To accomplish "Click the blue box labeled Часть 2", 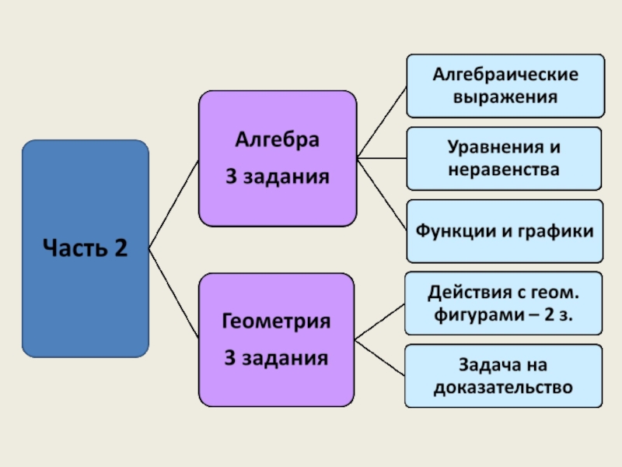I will (x=85, y=248).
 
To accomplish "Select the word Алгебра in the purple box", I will (x=277, y=142).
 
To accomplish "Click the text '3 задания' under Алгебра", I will (x=277, y=177).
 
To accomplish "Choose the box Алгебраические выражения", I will (x=505, y=86).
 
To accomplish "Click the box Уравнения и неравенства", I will (x=503, y=158).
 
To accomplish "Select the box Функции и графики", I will (x=504, y=231).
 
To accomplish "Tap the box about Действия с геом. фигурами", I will (x=503, y=303).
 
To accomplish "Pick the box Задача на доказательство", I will (x=503, y=375).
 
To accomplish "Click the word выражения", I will (x=505, y=97).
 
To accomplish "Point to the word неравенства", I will (x=504, y=168).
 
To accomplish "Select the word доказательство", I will (x=504, y=386).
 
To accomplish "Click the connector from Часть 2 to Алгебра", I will (x=173, y=203).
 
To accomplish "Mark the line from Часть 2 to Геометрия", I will (x=173, y=294).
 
